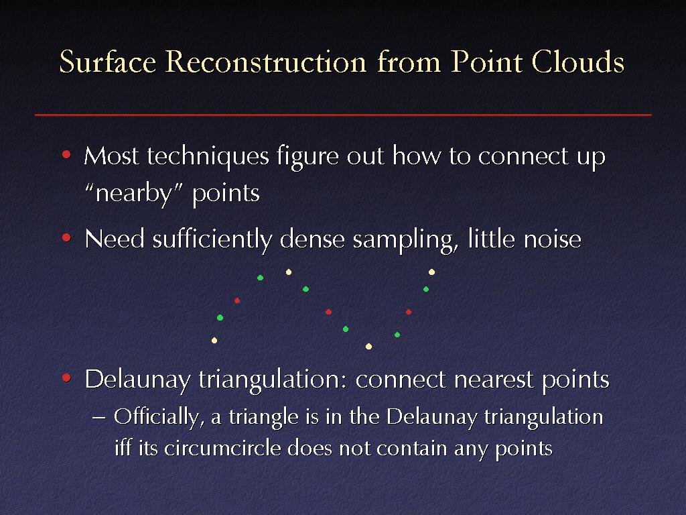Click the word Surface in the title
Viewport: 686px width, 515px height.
(x=108, y=61)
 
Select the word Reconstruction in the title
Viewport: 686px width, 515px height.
(x=266, y=61)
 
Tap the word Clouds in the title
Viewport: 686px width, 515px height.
(x=577, y=61)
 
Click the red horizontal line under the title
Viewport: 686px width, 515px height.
(x=343, y=115)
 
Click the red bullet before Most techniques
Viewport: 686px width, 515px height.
(x=66, y=155)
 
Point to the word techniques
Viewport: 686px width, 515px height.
(x=208, y=157)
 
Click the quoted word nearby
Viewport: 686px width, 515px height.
(x=133, y=194)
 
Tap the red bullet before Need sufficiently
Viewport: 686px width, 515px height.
(x=66, y=238)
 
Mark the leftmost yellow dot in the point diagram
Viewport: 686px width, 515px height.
(x=214, y=340)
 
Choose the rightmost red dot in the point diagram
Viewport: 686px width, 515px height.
(x=409, y=312)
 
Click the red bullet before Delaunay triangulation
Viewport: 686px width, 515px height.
(x=66, y=378)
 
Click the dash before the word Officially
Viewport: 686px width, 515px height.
(x=99, y=417)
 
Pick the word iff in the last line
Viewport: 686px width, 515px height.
(x=123, y=447)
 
